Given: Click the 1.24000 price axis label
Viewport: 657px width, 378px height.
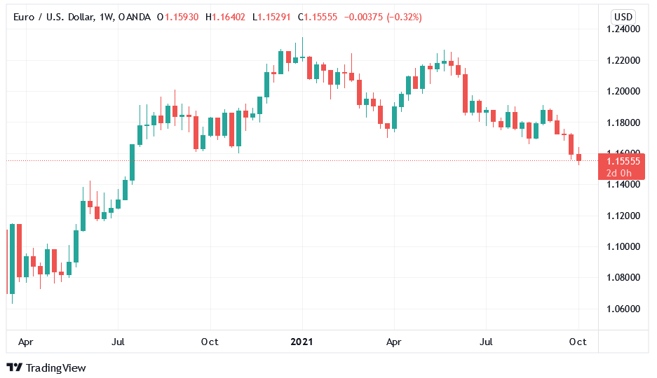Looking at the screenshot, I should pos(623,29).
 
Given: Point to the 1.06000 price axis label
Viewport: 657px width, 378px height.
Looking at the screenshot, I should pos(623,309).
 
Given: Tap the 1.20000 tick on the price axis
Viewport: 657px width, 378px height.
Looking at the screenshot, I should pos(623,92).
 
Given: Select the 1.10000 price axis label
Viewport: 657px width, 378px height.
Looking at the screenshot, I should pos(623,246).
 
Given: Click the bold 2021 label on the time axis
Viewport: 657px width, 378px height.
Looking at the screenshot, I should pos(302,342).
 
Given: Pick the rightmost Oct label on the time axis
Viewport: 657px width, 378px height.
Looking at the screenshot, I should pos(578,342).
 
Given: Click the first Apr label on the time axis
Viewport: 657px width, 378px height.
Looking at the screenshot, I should pos(26,342).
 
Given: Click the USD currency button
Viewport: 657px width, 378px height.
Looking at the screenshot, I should pos(623,17).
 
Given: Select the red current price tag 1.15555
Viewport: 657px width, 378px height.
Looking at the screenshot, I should pos(621,161).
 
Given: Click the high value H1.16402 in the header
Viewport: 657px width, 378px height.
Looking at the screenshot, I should pos(225,17).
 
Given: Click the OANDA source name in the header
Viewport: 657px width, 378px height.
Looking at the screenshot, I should pos(135,17).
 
